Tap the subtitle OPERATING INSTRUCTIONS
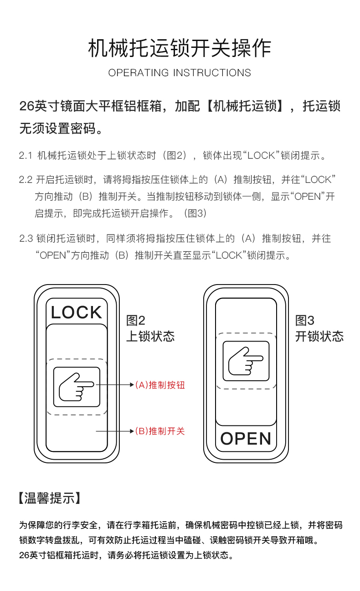pos(180,73)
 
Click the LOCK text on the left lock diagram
pos(77,312)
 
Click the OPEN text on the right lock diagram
pos(246,439)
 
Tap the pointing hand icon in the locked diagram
pos(77,386)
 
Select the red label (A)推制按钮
pos(160,385)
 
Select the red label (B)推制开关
pos(160,431)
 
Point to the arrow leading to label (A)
pos(114,385)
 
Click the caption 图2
pos(135,321)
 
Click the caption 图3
pos(304,321)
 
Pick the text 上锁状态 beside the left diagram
pos(150,337)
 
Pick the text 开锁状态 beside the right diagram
pos(319,337)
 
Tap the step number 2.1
pos(26,156)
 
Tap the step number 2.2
pos(26,180)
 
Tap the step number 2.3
pos(26,238)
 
